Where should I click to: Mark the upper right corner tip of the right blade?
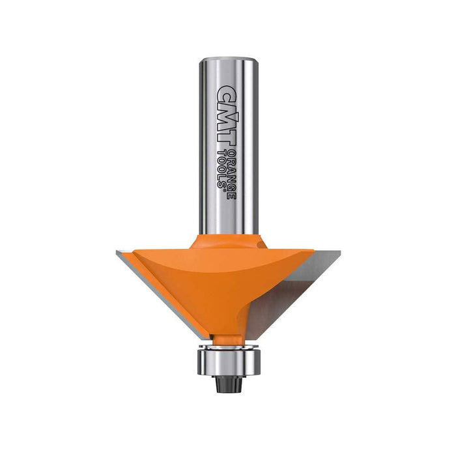[314, 251]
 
